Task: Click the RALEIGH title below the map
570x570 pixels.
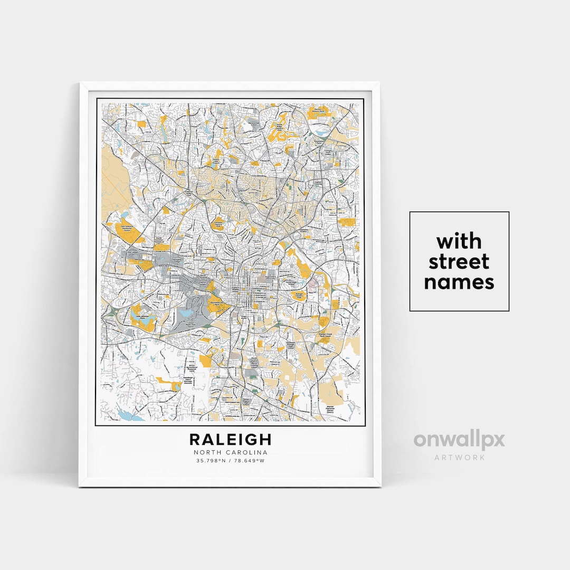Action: point(231,439)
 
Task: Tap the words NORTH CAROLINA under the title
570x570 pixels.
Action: point(231,452)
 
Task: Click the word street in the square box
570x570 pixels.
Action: point(459,262)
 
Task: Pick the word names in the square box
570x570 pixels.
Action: point(459,282)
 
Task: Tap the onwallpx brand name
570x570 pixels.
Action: point(459,440)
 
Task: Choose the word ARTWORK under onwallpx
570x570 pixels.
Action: point(459,457)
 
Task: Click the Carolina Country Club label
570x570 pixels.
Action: point(217,224)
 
